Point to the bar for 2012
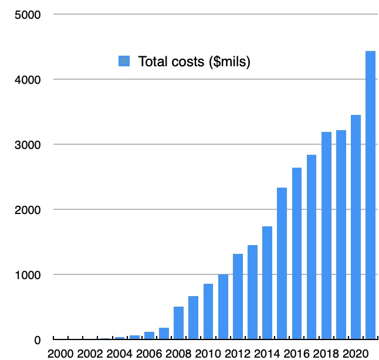click(x=238, y=297)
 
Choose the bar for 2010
click(x=208, y=311)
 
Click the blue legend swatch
click(x=124, y=62)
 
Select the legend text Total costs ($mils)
click(x=194, y=62)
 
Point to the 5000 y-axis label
click(x=27, y=14)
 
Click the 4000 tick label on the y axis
click(x=27, y=79)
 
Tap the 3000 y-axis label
click(x=27, y=144)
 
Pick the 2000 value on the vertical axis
click(x=27, y=209)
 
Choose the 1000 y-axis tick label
click(x=27, y=274)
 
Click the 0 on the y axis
click(x=36, y=339)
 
